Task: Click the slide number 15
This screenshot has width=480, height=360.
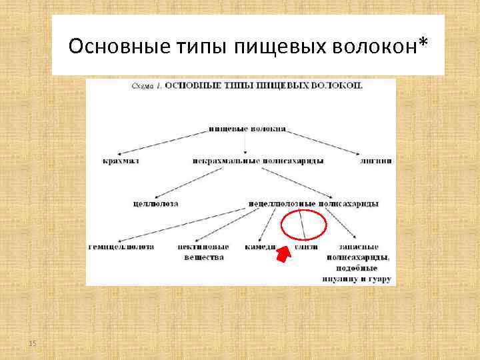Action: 32,343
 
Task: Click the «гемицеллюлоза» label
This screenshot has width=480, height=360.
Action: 121,246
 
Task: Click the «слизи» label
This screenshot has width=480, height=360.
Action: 306,246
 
